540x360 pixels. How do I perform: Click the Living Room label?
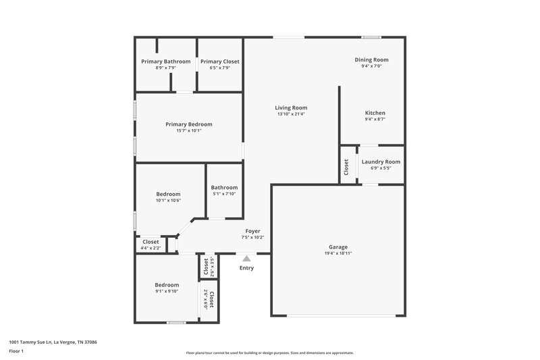(291, 107)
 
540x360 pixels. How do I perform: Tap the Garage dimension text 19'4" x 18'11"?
(337, 253)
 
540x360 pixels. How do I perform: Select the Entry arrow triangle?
(246, 258)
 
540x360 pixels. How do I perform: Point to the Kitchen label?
(375, 113)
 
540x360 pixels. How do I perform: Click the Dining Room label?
(372, 59)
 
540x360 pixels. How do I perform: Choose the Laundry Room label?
(381, 161)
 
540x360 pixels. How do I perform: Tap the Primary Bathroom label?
(166, 61)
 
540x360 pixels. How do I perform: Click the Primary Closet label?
(220, 61)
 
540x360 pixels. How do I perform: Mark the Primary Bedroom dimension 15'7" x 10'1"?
(189, 130)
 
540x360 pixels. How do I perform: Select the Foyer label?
(252, 231)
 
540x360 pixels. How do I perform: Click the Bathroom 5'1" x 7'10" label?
(224, 188)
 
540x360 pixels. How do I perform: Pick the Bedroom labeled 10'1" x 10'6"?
(169, 194)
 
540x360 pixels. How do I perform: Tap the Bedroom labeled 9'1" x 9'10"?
(167, 284)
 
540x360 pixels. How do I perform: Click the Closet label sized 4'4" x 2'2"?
(151, 241)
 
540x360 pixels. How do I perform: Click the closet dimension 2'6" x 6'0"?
(204, 298)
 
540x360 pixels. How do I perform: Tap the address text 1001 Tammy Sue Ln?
(53, 342)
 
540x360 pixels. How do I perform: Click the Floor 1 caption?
(16, 351)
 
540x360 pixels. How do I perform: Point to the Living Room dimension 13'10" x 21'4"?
(291, 114)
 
